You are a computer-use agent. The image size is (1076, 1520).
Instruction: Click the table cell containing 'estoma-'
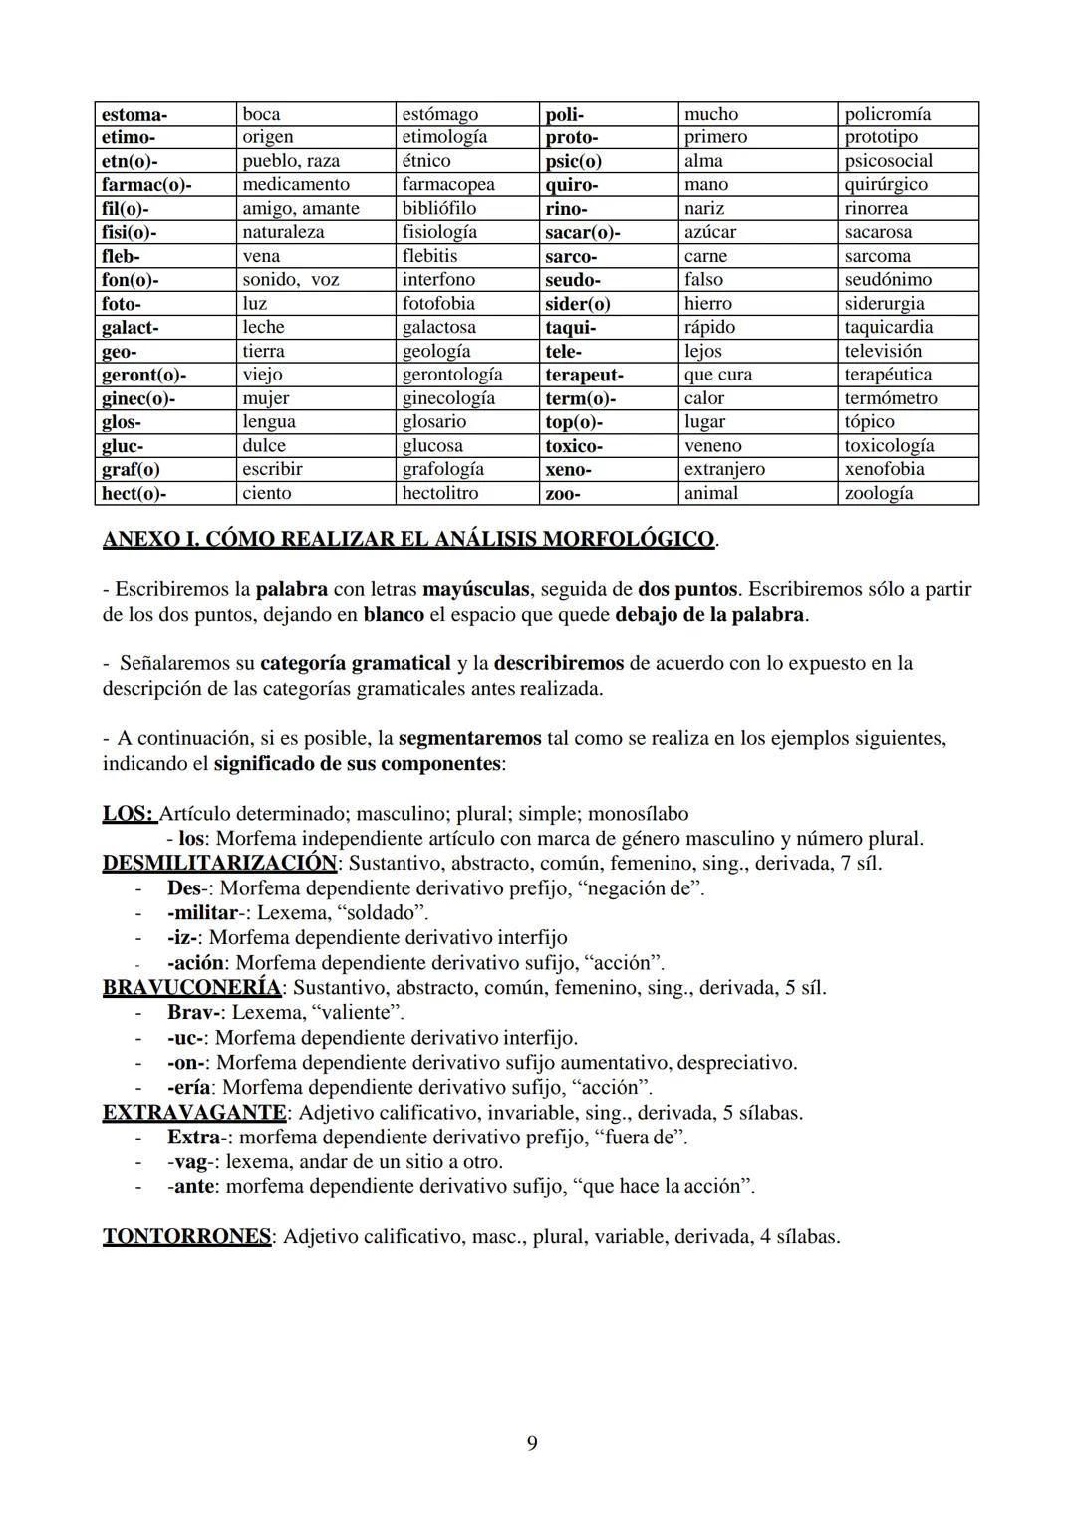(134, 114)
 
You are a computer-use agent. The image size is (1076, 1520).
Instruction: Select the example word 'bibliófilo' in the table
(438, 208)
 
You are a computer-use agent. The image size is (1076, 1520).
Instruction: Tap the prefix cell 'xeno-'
(568, 469)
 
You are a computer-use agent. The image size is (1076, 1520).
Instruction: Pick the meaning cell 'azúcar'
(710, 232)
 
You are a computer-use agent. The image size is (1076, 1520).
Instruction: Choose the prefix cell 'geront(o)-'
(143, 375)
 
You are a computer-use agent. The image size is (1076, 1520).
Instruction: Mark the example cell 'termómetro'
(890, 398)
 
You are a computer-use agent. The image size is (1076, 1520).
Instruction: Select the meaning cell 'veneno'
(712, 446)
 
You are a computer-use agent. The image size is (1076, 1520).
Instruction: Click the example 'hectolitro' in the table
(439, 493)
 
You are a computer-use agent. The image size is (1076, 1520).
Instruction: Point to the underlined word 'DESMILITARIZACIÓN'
(219, 863)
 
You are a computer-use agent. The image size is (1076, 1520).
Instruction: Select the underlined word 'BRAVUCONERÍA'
(191, 988)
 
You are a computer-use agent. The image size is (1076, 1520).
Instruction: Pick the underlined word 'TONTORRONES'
(186, 1237)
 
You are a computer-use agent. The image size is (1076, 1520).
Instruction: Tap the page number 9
(532, 1443)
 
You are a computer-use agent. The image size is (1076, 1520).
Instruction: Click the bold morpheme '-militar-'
(206, 912)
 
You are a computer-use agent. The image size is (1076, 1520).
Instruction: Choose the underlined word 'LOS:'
(129, 814)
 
